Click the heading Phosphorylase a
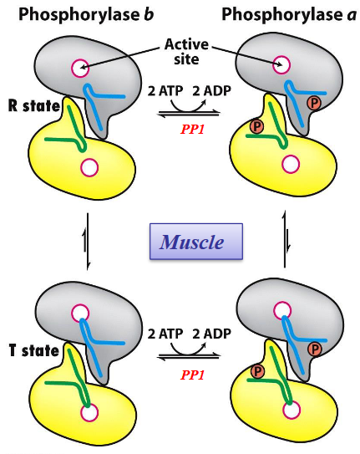pyautogui.click(x=281, y=14)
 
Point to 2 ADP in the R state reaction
pyautogui.click(x=206, y=89)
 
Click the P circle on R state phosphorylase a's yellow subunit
pyautogui.click(x=257, y=127)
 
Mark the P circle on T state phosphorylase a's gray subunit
pyautogui.click(x=315, y=348)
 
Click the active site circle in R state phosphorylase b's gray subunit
pyautogui.click(x=80, y=68)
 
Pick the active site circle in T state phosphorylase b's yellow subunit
pyautogui.click(x=89, y=411)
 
